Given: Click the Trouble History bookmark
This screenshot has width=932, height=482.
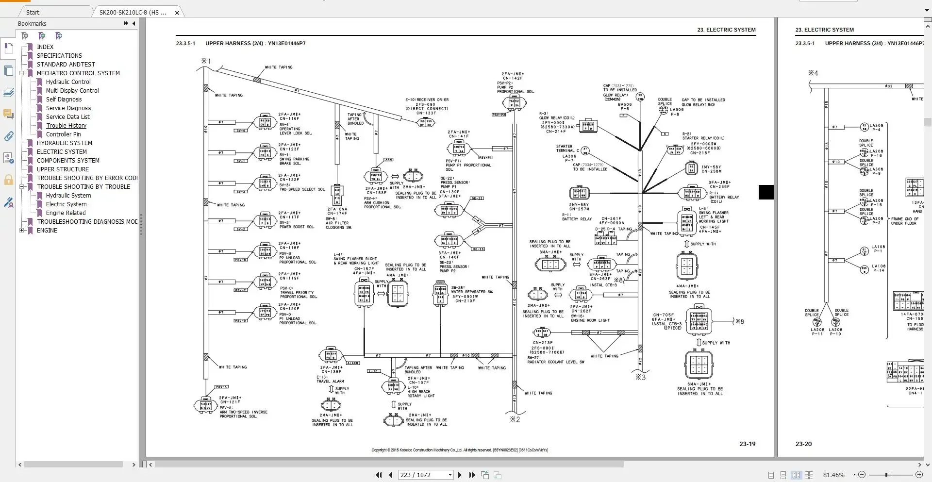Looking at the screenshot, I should [x=66, y=126].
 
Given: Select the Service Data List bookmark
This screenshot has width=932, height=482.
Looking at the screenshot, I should [x=67, y=117].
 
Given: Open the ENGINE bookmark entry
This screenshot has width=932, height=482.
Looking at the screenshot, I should [x=47, y=231].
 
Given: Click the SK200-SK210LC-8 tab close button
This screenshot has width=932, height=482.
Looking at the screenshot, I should [x=177, y=13].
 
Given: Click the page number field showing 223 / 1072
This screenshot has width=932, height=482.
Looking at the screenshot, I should [x=422, y=475].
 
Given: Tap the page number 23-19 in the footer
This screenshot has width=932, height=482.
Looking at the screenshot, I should [x=747, y=444].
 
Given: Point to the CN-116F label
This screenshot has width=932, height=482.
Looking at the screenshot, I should [x=289, y=118].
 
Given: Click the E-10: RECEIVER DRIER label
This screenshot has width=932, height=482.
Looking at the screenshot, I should [x=427, y=100].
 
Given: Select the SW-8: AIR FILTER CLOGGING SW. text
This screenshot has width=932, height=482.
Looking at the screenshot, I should [x=338, y=223].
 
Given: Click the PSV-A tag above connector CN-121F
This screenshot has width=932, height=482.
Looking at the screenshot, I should [x=222, y=387].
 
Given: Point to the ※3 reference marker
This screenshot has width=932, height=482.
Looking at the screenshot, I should [x=640, y=377].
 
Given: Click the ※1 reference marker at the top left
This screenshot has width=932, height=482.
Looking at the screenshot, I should [x=206, y=61].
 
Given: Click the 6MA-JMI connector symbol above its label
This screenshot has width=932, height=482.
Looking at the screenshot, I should [x=699, y=365].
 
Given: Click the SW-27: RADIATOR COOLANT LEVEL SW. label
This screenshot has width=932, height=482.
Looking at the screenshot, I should [x=555, y=360].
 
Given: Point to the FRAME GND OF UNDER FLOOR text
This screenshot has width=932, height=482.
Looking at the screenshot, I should [x=904, y=221].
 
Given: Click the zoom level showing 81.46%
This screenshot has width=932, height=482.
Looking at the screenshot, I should [x=833, y=475].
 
